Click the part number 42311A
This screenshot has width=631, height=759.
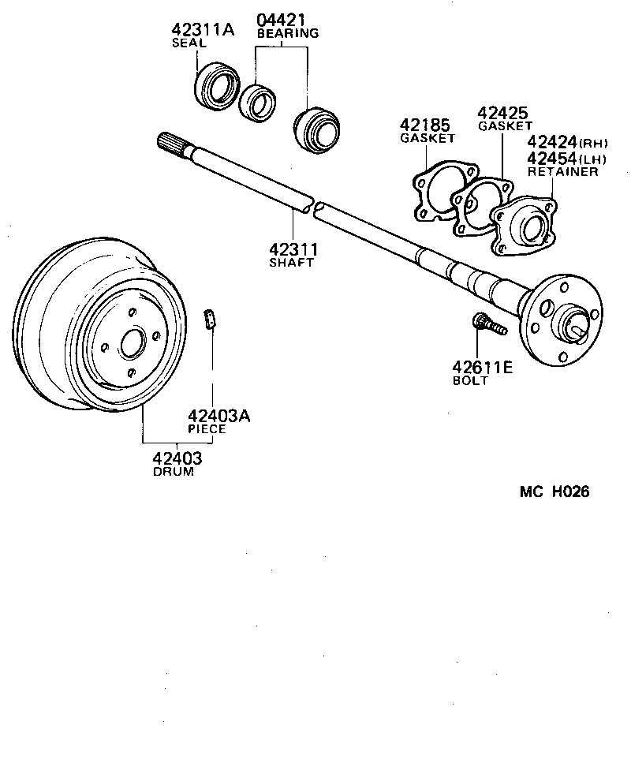coord(203,30)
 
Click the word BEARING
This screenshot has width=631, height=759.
coord(288,34)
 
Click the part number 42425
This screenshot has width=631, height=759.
coord(502,114)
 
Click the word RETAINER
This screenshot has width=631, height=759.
coord(562,171)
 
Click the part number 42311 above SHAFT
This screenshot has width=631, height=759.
coord(291,250)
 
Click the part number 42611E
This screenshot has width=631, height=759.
coord(482,367)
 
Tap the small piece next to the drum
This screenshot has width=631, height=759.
coord(211,320)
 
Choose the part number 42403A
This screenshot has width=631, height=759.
coord(218,416)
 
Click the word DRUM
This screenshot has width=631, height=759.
coord(173,472)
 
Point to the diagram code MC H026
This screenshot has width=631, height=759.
coord(554,492)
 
